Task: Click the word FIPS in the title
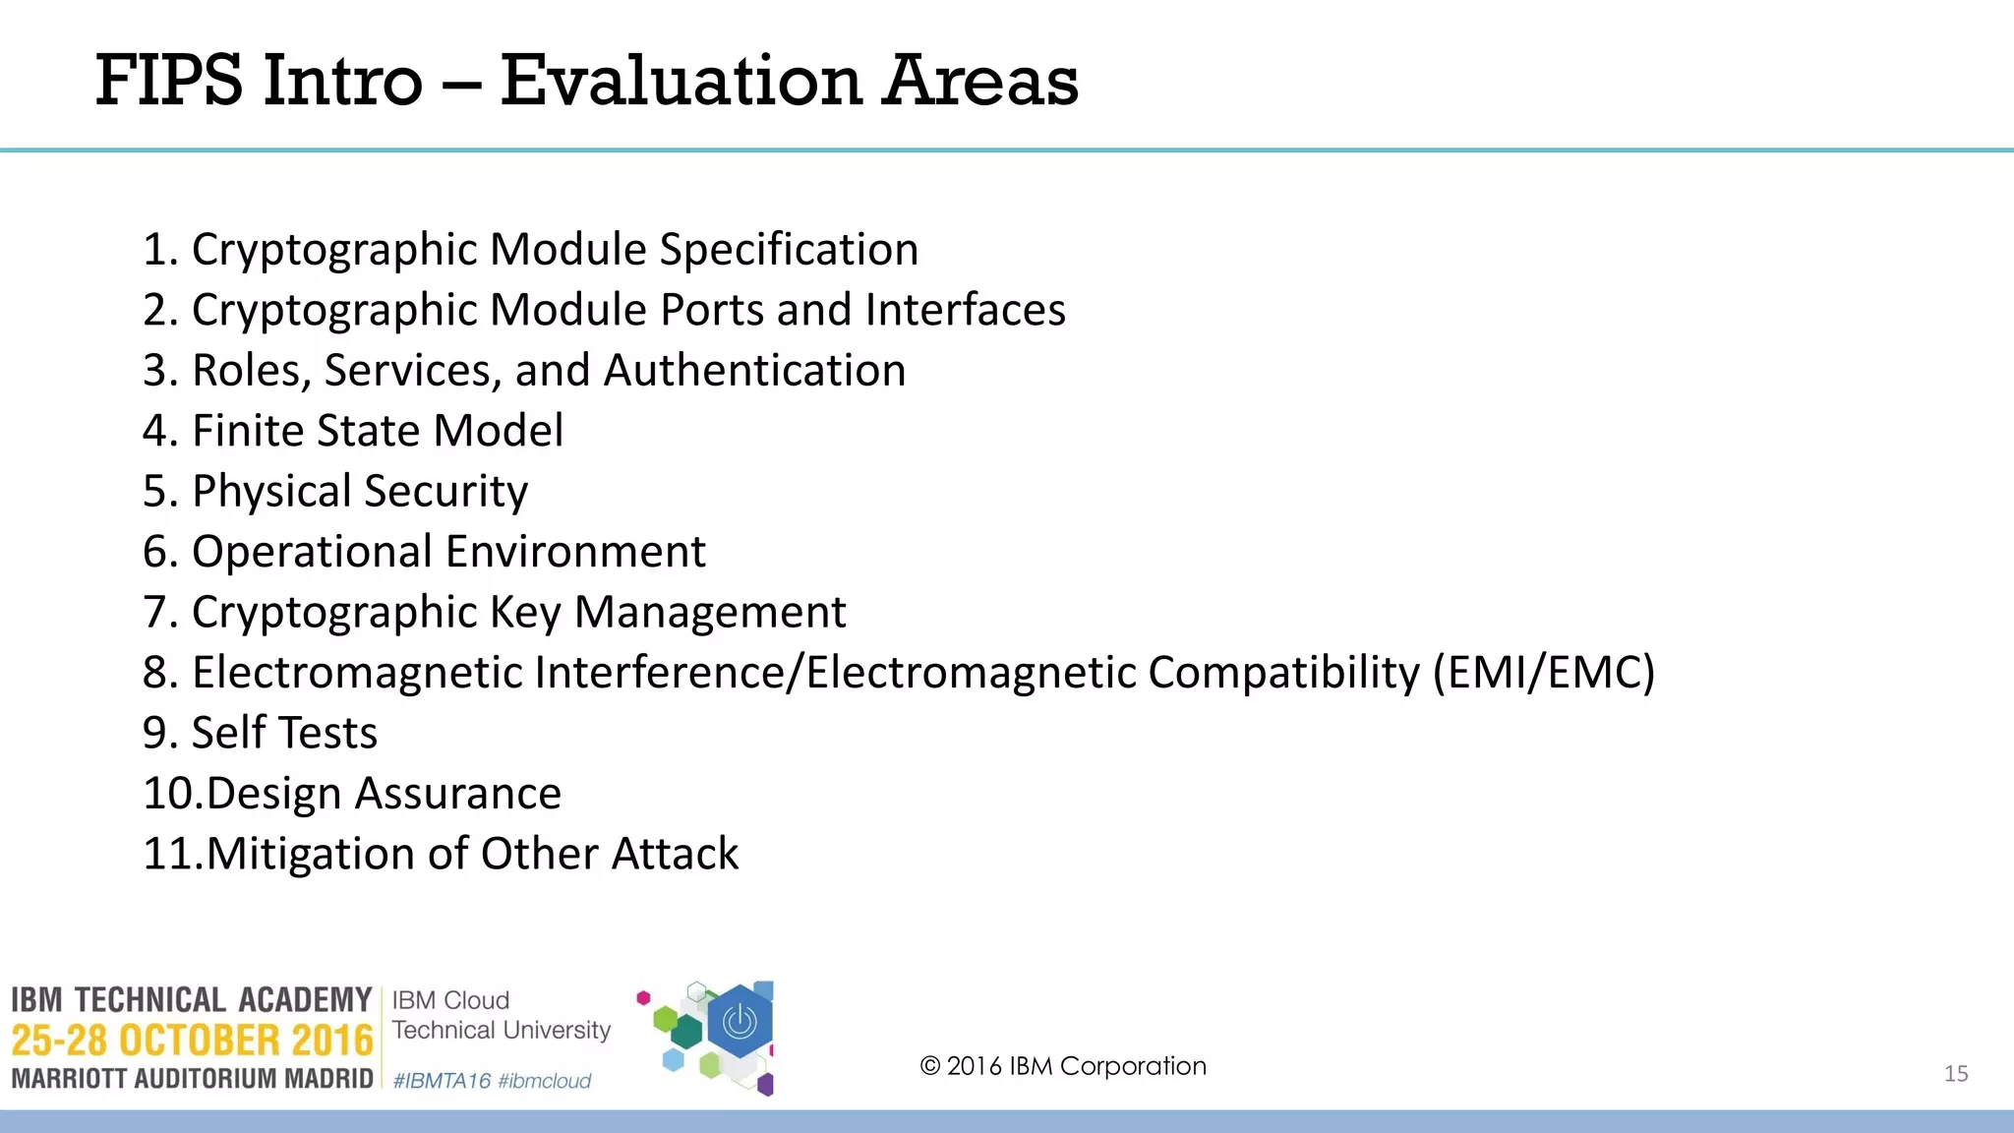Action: [168, 81]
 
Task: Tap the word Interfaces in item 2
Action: [965, 310]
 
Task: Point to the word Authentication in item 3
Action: [754, 371]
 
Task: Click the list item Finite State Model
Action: [354, 431]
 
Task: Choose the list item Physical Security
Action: [336, 492]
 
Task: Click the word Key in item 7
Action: [525, 613]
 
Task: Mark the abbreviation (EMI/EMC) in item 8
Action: [1543, 673]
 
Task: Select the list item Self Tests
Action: [262, 734]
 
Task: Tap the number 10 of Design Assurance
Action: [171, 794]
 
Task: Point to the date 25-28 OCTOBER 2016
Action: [193, 1041]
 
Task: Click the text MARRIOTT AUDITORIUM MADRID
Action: [193, 1079]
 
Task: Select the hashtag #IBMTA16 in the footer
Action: [442, 1081]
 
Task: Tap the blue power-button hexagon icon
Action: [740, 1023]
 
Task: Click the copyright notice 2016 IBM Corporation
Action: [1063, 1066]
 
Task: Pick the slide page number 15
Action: [1956, 1074]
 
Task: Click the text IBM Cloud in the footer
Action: [450, 1000]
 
